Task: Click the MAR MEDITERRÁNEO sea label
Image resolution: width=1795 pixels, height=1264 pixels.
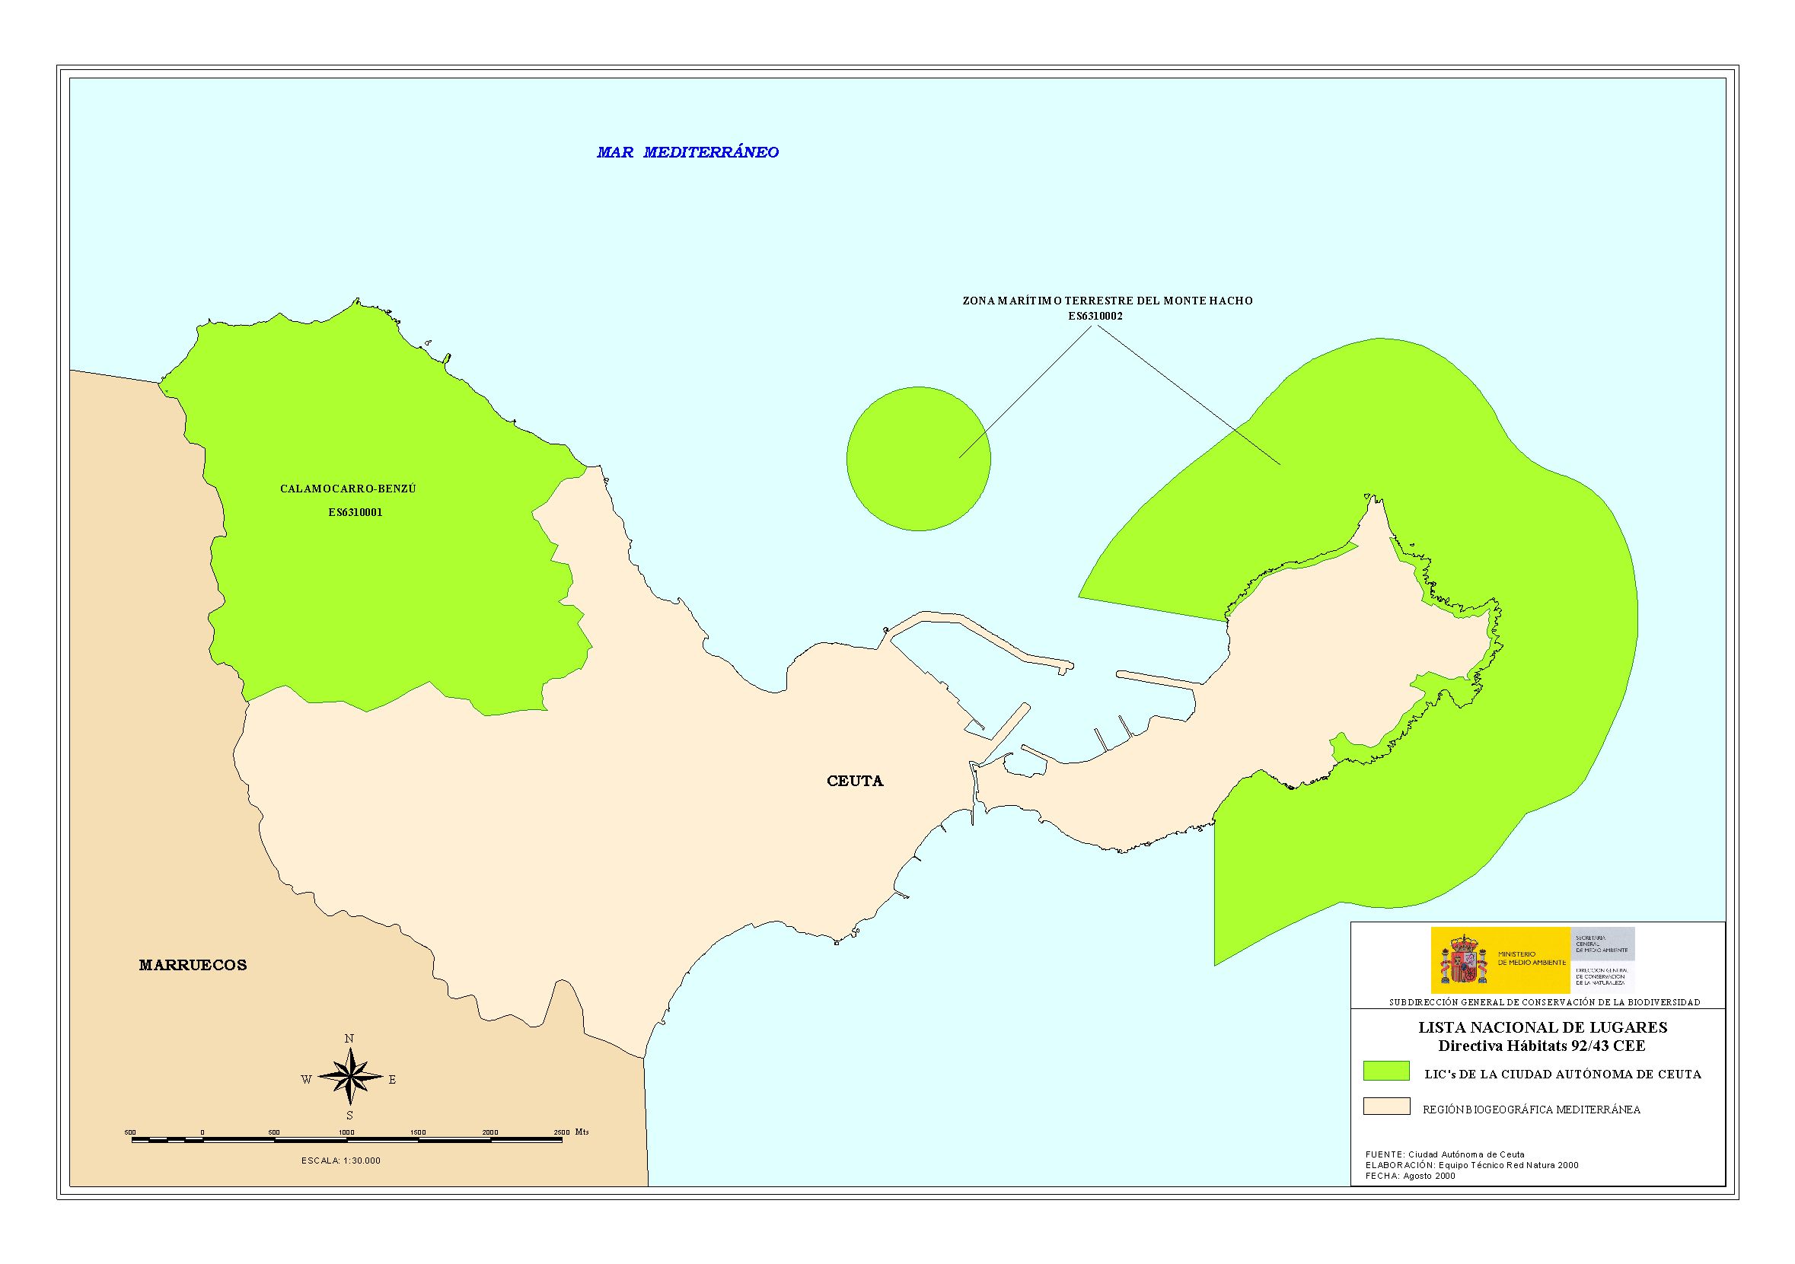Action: pos(687,152)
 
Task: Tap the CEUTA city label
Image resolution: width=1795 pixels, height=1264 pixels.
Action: pos(855,781)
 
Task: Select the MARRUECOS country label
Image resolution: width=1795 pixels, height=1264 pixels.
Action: pos(193,966)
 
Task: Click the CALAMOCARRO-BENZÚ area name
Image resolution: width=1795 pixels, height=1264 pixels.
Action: pos(348,489)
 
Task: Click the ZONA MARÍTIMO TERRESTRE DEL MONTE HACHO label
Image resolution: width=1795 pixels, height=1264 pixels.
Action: pos(1107,301)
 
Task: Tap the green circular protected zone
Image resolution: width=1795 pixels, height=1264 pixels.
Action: pos(919,459)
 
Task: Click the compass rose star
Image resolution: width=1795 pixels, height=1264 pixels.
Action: pos(349,1080)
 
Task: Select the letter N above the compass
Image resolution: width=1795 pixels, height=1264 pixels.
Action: pos(349,1039)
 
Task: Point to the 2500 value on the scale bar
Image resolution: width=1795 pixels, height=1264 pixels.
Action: pos(561,1132)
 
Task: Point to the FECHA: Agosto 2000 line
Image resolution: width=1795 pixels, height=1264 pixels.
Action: pos(1411,1198)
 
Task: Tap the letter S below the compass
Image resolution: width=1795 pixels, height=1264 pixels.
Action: pos(349,1116)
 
